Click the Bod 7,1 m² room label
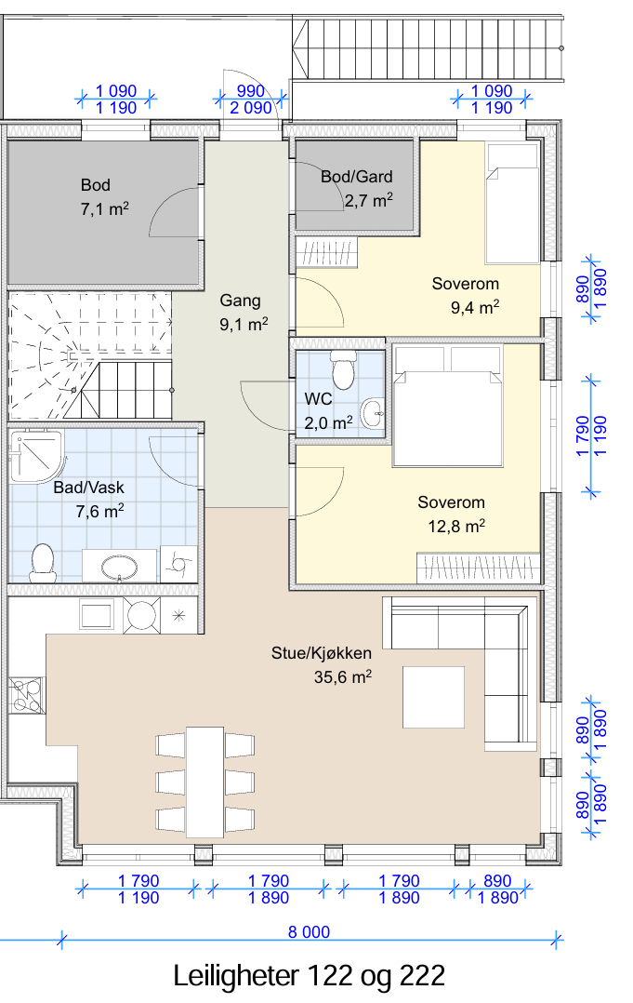tap(105, 197)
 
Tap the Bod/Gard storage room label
tap(356, 189)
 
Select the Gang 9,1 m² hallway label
tap(244, 313)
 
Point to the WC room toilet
tap(343, 369)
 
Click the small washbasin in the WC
tap(373, 413)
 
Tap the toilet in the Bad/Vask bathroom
tap(43, 562)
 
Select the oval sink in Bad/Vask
tap(120, 566)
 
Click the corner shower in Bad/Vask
tap(36, 456)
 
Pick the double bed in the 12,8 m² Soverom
tap(447, 405)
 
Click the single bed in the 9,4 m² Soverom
tap(512, 204)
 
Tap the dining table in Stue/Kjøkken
tap(205, 782)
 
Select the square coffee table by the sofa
tap(433, 697)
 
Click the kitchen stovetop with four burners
tap(26, 695)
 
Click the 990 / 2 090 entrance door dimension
tap(250, 100)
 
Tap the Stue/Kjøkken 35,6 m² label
tap(322, 664)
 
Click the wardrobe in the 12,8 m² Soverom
tap(478, 568)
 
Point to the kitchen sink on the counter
tap(97, 615)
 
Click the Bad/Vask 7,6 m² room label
tap(89, 500)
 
